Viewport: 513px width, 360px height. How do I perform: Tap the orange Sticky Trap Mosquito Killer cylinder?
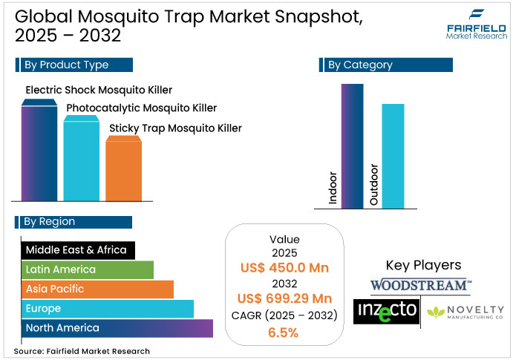pyautogui.click(x=123, y=169)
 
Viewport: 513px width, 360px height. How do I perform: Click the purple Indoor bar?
pyautogui.click(x=353, y=145)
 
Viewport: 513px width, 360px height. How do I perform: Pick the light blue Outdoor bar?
pyautogui.click(x=393, y=156)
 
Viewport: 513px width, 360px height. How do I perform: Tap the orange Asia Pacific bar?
pyautogui.click(x=96, y=289)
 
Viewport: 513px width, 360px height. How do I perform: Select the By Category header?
pyautogui.click(x=385, y=65)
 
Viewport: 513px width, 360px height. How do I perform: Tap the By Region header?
pyautogui.click(x=72, y=221)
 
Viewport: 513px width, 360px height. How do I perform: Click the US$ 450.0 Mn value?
pyautogui.click(x=284, y=268)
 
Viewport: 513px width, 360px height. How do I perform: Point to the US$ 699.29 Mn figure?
pyautogui.click(x=284, y=298)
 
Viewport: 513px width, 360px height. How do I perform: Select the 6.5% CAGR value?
pyautogui.click(x=284, y=332)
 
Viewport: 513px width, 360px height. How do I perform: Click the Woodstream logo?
pyautogui.click(x=421, y=285)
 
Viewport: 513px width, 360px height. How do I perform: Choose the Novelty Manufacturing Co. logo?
pyautogui.click(x=465, y=310)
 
